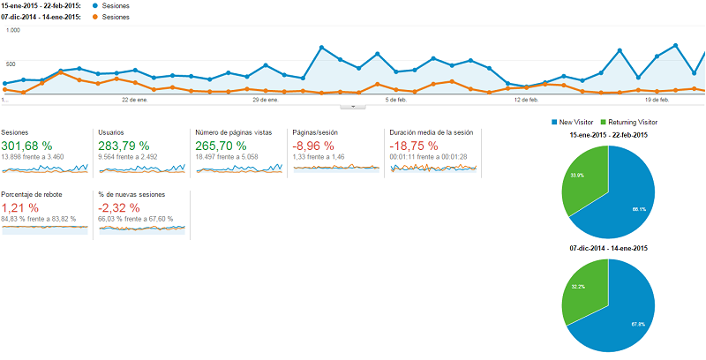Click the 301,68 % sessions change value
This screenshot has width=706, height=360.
tap(26, 145)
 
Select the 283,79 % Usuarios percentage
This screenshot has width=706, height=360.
tap(124, 145)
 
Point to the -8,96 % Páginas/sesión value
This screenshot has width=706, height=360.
tap(313, 145)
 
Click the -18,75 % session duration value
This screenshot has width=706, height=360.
tap(415, 145)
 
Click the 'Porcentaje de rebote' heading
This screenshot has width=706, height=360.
tap(37, 194)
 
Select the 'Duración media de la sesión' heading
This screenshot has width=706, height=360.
tap(432, 132)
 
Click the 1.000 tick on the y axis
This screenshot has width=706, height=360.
tap(12, 30)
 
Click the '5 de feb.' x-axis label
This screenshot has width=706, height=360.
tap(395, 100)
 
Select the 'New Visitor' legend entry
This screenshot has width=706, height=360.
tap(575, 122)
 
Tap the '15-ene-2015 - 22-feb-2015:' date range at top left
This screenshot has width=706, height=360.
tap(41, 6)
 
